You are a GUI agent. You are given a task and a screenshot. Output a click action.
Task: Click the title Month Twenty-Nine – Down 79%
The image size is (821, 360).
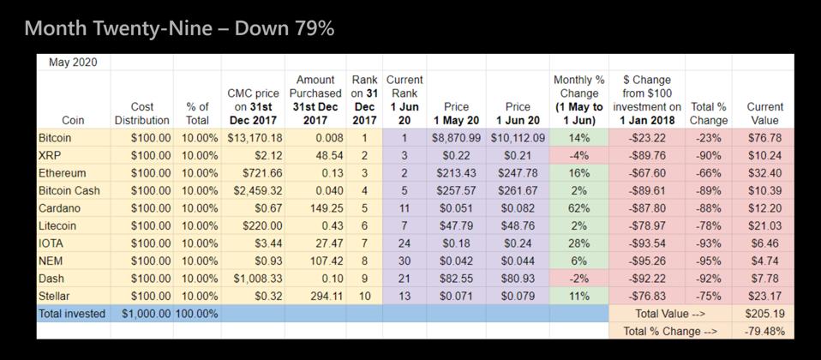[179, 28]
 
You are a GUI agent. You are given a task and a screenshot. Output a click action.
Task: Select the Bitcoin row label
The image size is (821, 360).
[56, 138]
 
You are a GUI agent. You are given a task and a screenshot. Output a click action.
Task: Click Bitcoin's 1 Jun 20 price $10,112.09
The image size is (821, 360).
[518, 138]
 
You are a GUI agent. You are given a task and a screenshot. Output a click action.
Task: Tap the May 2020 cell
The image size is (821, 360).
[72, 62]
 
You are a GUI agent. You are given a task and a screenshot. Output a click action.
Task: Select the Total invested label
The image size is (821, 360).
[72, 314]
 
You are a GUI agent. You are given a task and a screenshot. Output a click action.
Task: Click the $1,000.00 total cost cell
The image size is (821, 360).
[146, 314]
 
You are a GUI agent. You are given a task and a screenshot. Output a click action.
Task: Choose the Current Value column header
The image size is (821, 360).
[764, 113]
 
